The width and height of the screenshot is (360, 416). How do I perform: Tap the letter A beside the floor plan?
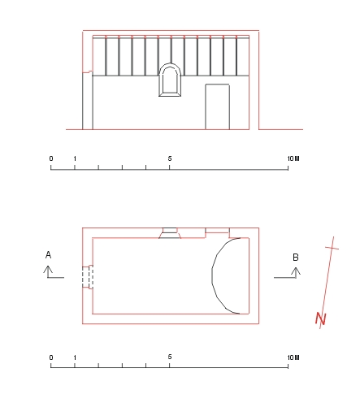(48, 255)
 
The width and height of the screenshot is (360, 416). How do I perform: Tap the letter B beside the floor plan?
(296, 257)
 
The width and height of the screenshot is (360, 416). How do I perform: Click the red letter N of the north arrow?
(321, 318)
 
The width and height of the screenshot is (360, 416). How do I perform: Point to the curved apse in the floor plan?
(212, 275)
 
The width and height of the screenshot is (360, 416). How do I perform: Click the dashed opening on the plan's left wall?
(88, 277)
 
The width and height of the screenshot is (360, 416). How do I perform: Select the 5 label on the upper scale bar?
(170, 158)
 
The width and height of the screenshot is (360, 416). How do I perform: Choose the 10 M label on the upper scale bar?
(293, 158)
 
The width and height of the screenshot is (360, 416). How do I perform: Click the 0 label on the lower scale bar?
(51, 357)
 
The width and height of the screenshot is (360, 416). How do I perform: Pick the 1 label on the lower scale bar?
(75, 357)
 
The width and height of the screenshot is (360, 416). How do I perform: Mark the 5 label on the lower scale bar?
(170, 357)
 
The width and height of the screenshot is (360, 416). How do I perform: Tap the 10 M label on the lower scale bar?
(293, 357)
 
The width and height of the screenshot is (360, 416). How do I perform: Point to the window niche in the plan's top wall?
(170, 233)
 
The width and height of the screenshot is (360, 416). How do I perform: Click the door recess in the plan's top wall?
(218, 231)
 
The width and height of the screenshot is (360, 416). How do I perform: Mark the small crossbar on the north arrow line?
(332, 248)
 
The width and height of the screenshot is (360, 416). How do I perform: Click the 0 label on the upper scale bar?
(51, 158)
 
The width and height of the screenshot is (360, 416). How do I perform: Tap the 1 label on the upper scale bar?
(75, 158)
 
